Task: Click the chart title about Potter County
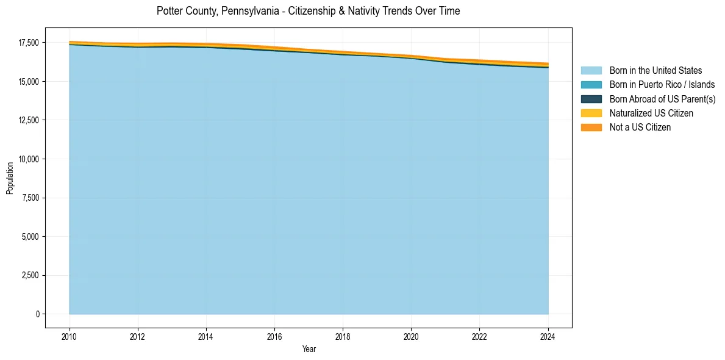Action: click(308, 11)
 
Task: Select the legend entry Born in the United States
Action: click(655, 71)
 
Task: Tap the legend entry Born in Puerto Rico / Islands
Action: click(662, 85)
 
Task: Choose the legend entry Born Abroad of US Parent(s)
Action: click(662, 99)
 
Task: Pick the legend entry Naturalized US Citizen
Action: click(651, 113)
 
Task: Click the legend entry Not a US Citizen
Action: click(640, 128)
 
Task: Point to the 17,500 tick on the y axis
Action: click(29, 43)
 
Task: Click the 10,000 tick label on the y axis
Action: click(29, 159)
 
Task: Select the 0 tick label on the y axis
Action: click(37, 314)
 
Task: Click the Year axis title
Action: click(309, 349)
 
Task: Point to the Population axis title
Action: click(10, 178)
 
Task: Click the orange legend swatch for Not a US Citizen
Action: click(591, 128)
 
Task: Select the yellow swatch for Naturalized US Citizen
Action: click(591, 113)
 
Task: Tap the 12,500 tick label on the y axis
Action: click(29, 120)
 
